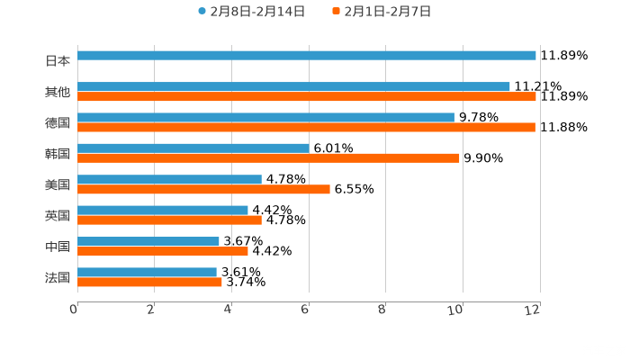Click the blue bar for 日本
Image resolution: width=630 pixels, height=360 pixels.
click(x=306, y=56)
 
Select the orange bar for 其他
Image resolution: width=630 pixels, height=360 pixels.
click(x=306, y=96)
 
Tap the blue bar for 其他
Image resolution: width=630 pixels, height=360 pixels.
click(x=293, y=86)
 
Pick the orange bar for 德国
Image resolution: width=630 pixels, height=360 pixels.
click(x=306, y=127)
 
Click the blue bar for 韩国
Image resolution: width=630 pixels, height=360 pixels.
click(x=193, y=148)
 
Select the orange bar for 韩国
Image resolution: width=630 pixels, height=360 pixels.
click(x=268, y=157)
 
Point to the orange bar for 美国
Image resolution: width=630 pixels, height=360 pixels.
click(x=203, y=189)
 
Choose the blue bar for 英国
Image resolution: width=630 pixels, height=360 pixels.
click(x=163, y=210)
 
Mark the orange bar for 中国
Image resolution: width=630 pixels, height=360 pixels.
click(x=163, y=251)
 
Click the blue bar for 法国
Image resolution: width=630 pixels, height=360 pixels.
click(x=147, y=272)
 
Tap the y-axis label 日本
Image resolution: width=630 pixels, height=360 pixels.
click(x=58, y=61)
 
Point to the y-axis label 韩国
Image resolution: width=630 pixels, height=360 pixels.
click(x=58, y=153)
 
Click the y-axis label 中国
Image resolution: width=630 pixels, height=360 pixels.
click(x=58, y=246)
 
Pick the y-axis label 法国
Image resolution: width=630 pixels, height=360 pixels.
click(x=58, y=277)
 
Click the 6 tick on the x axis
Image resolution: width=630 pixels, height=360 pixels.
click(x=307, y=309)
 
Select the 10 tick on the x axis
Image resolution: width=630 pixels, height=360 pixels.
click(x=460, y=309)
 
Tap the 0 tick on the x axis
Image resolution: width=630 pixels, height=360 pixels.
click(x=75, y=309)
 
